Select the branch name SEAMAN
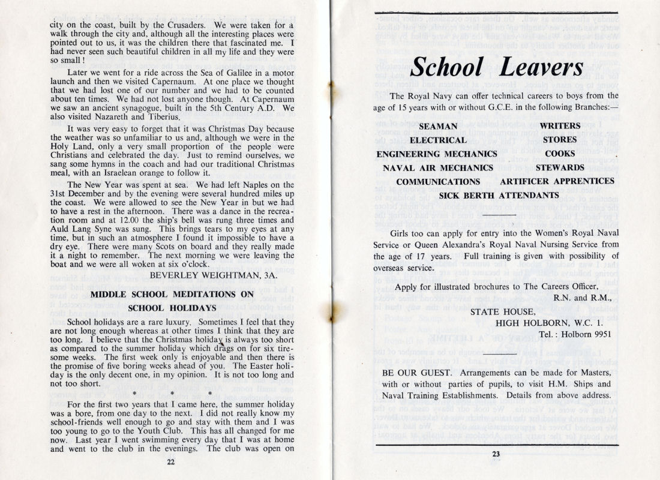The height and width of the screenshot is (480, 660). click(438, 127)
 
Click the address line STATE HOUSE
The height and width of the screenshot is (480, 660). click(502, 311)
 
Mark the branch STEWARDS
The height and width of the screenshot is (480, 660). click(560, 167)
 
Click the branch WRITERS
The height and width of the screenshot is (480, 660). click(560, 127)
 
